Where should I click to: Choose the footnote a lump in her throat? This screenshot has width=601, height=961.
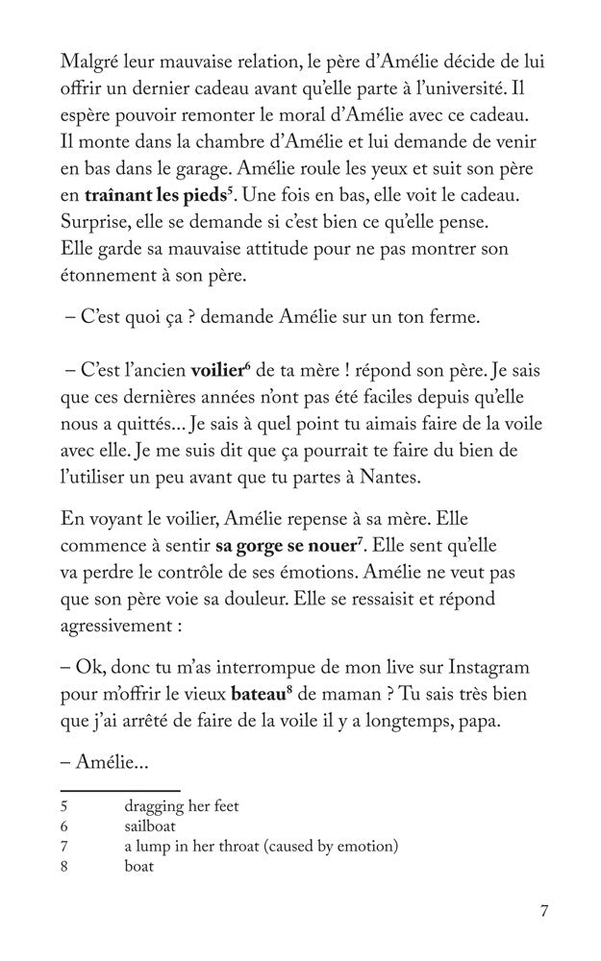tap(261, 846)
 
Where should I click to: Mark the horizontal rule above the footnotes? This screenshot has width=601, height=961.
tap(107, 790)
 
